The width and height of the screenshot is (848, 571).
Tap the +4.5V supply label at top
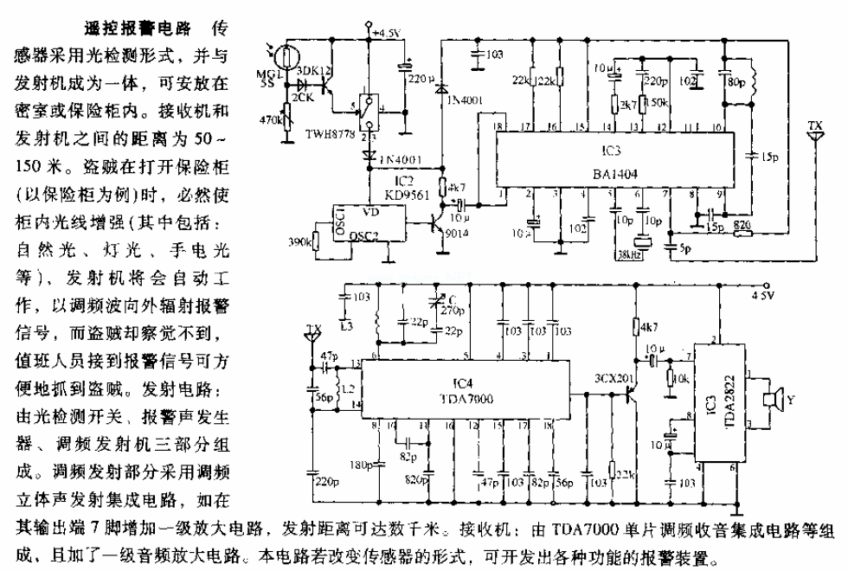click(387, 34)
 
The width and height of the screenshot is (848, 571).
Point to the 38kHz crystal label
click(630, 255)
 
